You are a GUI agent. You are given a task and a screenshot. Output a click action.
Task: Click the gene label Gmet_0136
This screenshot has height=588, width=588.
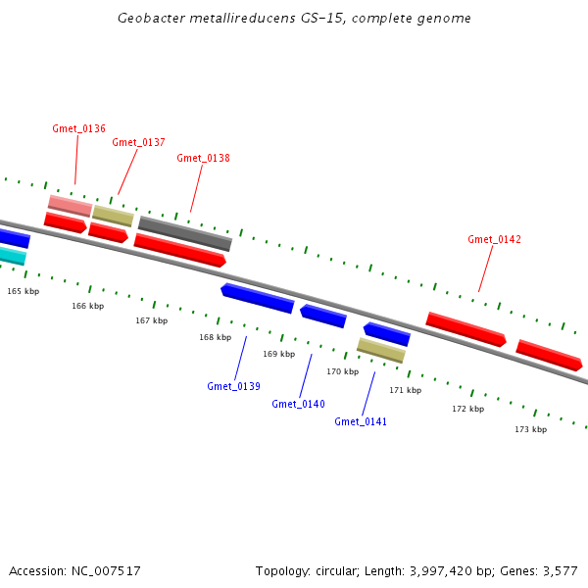point(78,128)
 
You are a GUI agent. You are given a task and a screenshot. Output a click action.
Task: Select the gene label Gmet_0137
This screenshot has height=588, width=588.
point(138,142)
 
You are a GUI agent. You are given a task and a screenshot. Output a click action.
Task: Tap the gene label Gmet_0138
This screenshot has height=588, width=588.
point(203,158)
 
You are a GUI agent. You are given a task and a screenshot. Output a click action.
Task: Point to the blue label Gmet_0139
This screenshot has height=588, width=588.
point(233,386)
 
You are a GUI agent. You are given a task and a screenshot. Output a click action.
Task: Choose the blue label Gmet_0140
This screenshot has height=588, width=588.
point(298,404)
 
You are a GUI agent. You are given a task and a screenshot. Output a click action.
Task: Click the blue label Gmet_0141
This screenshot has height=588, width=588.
point(361,421)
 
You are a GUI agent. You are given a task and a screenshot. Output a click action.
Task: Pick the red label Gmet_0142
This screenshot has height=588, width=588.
point(494,239)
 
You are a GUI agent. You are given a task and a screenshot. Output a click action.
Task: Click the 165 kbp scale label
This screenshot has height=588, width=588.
point(24,291)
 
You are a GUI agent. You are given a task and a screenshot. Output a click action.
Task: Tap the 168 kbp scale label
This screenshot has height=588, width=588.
point(216,337)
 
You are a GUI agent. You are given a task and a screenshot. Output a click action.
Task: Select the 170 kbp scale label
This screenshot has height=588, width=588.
point(343,371)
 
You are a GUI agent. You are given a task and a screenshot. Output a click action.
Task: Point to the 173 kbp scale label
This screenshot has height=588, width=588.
point(531,429)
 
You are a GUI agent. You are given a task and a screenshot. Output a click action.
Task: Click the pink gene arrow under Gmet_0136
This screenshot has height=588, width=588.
point(70,205)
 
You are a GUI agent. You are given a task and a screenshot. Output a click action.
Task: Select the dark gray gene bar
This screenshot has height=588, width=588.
point(184,233)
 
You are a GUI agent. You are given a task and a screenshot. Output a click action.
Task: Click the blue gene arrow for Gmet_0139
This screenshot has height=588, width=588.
point(258,298)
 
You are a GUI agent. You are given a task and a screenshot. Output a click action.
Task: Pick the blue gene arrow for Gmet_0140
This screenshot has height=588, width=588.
point(323,316)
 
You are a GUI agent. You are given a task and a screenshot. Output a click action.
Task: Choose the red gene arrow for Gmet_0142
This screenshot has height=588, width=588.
point(465,328)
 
